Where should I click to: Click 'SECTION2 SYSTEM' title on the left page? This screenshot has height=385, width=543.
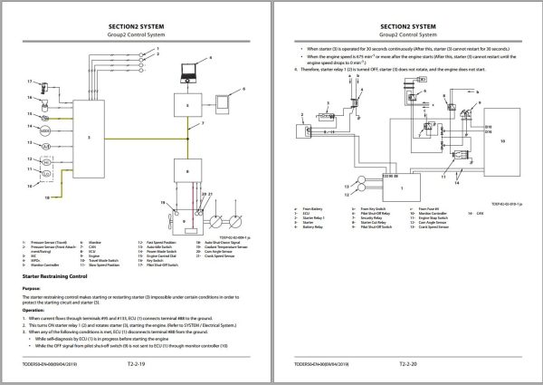click(136, 17)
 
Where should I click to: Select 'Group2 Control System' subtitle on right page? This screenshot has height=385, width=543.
click(407, 27)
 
